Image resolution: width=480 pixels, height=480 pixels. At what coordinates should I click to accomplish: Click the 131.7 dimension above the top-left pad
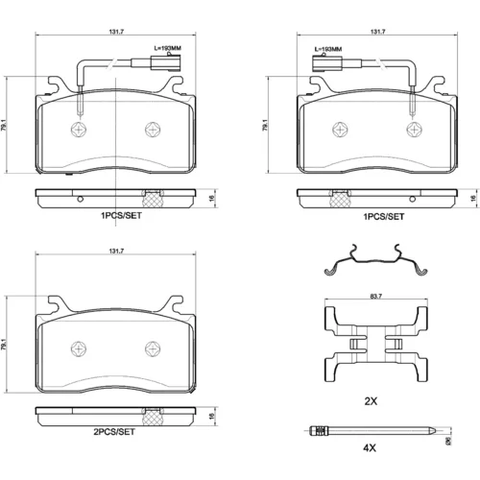116,32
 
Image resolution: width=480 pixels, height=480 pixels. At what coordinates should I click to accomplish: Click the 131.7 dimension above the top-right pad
377,32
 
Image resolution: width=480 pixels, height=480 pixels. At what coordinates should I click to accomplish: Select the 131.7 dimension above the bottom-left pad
116,252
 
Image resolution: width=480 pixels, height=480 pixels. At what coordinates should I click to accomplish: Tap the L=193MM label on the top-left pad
168,48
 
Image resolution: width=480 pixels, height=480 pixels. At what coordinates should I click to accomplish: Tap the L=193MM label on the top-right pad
328,49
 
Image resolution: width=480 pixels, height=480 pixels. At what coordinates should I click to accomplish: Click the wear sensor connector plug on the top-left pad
166,62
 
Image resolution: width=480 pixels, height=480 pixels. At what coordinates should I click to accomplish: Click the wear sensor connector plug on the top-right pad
327,63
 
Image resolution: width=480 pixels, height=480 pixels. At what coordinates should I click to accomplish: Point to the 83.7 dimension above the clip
376,297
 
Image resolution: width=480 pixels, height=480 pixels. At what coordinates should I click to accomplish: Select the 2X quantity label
371,401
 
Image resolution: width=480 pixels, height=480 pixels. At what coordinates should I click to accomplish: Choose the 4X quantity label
370,448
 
